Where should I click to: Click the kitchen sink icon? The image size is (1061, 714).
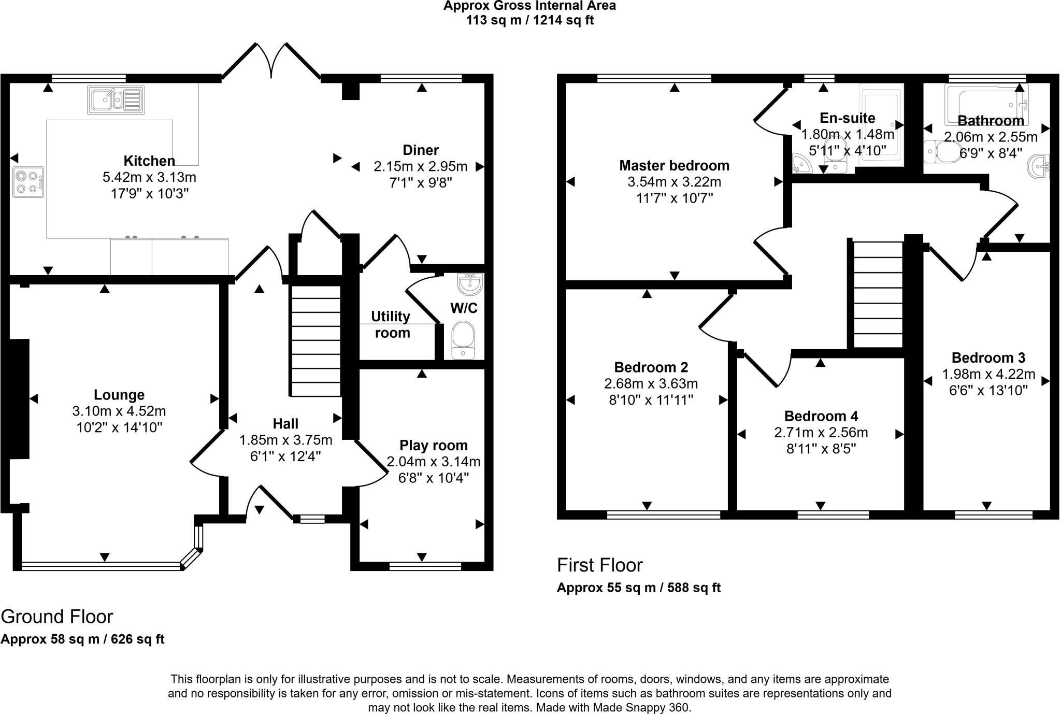point(116,100)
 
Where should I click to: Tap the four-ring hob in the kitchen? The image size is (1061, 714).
point(28,182)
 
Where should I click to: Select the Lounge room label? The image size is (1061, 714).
point(119,395)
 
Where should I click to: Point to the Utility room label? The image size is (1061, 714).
point(392,324)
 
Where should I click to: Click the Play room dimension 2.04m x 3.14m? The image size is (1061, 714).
point(434,461)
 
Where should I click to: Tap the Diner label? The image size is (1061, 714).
point(421,150)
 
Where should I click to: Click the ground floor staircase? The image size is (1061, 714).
point(316,340)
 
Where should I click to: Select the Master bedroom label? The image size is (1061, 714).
point(675,166)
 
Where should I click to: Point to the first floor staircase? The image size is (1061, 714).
point(878,295)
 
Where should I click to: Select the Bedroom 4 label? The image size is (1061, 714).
point(821,416)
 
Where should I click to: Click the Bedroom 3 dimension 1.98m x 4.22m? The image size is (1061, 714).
point(988,374)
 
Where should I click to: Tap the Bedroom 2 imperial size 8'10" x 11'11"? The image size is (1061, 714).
point(651,400)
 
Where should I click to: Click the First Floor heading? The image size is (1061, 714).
point(600,565)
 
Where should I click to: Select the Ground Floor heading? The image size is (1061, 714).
point(56,617)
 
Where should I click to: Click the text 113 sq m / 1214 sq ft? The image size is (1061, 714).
point(530,20)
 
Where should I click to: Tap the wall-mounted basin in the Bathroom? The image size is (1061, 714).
point(1039,167)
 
